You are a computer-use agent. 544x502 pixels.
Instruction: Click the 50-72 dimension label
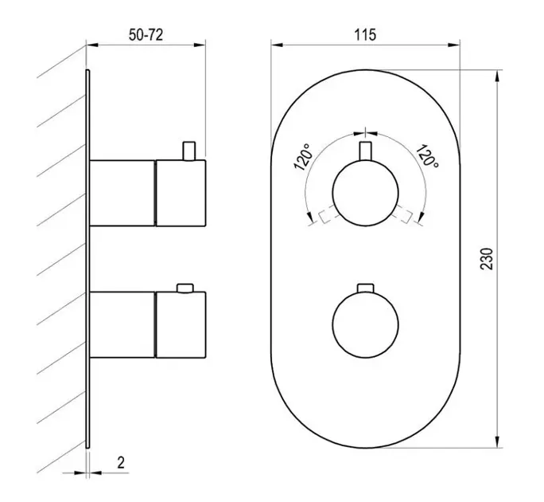coord(146,35)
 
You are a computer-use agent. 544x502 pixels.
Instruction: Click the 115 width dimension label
coord(365,35)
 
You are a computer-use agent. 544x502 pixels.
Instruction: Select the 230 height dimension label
coord(487,259)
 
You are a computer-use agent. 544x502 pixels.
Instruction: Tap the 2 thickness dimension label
coord(121,463)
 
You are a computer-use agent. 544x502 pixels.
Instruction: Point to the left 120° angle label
coord(304,157)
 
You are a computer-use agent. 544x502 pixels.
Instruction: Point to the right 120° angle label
coord(427,155)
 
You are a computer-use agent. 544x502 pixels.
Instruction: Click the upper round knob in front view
coord(365,193)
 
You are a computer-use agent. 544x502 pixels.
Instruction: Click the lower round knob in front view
coord(365,325)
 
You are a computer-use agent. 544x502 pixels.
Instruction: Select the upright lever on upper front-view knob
coord(365,151)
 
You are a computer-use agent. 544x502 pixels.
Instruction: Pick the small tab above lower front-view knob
coord(365,288)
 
